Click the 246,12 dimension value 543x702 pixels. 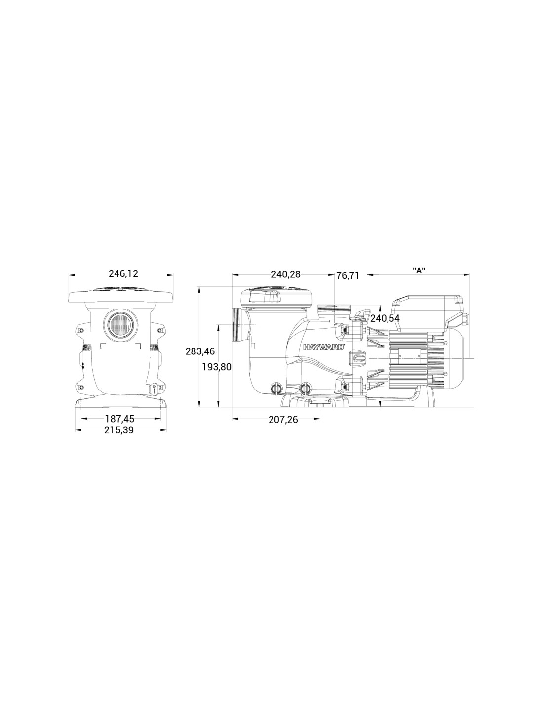coord(123,274)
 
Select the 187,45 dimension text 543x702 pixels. coord(119,419)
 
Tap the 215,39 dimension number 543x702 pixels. coord(118,430)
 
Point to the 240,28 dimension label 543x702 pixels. coord(285,274)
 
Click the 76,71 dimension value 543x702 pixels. coord(348,276)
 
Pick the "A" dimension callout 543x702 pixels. coord(419,271)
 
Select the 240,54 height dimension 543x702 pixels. coord(385,319)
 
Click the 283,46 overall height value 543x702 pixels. coord(200,351)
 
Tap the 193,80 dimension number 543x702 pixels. coord(217,367)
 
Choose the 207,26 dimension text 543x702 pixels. coord(283,420)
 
